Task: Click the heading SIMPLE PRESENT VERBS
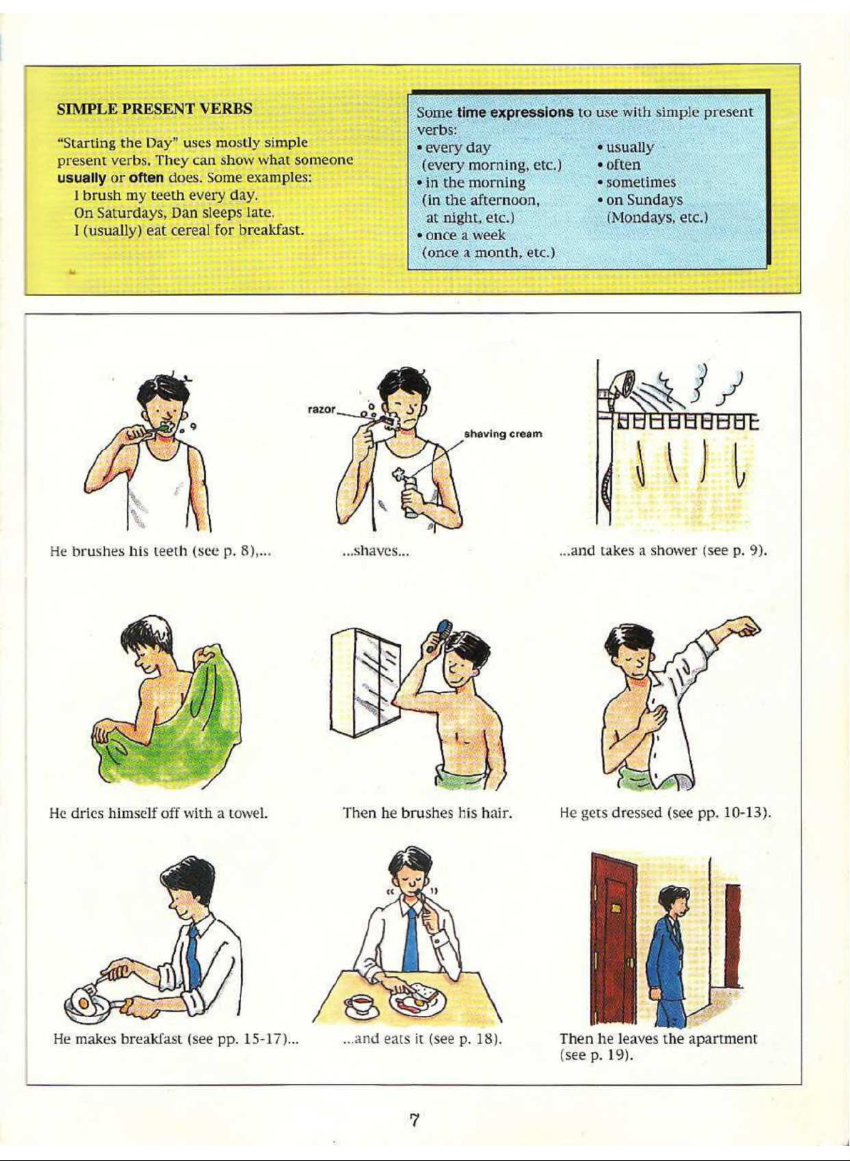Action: coord(154,109)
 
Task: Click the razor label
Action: coord(321,410)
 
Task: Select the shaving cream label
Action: coord(503,433)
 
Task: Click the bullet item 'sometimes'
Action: coord(637,183)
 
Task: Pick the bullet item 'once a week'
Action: coord(461,235)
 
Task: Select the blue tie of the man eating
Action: coord(411,940)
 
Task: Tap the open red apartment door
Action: coord(616,939)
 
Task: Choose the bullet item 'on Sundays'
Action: coord(641,200)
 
